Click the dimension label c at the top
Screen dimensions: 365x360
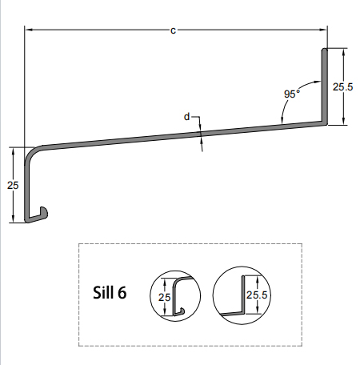coord(173,30)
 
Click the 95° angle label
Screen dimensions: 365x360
coord(291,94)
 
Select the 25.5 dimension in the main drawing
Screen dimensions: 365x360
coord(343,86)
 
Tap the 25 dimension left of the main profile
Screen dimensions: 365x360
coord(12,185)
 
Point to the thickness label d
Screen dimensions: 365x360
coord(187,117)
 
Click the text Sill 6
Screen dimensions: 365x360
coord(110,292)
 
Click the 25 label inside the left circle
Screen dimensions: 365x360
coord(164,297)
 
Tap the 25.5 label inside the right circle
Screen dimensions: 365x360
coord(256,295)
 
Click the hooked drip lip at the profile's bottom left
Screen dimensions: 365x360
coord(40,213)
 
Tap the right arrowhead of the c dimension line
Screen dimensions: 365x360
coord(323,30)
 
